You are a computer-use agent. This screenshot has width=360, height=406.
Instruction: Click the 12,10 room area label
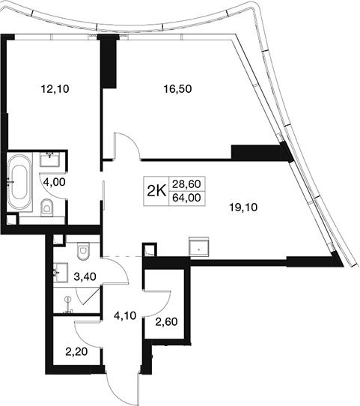55,89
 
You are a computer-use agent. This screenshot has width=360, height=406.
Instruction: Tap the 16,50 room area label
177,89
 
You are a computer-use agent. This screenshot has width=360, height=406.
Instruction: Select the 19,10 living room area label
244,207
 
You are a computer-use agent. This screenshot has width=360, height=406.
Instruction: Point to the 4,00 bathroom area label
54,182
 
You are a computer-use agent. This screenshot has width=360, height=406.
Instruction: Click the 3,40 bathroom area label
85,276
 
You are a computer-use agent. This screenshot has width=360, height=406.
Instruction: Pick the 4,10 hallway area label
125,315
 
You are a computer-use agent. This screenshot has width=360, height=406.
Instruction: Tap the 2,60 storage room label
166,322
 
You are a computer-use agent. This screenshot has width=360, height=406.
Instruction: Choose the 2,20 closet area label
76,352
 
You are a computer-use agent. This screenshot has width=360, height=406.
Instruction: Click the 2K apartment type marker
156,191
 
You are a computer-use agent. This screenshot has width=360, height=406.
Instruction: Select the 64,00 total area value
186,198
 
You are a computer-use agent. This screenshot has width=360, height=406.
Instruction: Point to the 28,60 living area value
186,184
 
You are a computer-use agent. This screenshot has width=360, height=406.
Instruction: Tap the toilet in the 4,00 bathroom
46,207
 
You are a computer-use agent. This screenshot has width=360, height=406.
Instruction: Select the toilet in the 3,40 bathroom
83,250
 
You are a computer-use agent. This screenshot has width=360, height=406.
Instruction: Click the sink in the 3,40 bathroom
61,272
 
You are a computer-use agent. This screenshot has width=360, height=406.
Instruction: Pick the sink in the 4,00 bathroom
50,159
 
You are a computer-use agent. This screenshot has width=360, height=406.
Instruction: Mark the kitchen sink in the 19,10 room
199,247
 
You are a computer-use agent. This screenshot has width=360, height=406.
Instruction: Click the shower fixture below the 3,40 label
68,306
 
